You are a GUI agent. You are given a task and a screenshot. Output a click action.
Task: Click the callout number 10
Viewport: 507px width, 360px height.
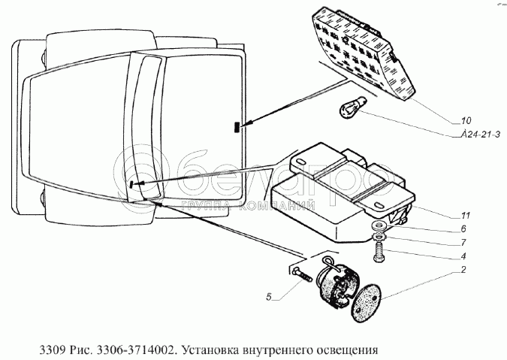click(x=466, y=121)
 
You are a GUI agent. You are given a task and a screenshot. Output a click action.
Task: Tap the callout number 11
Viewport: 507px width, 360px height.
click(x=465, y=214)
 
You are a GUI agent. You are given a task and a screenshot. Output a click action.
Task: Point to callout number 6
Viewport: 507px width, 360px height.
click(x=464, y=229)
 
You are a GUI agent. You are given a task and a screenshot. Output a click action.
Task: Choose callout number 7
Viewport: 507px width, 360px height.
click(x=464, y=243)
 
